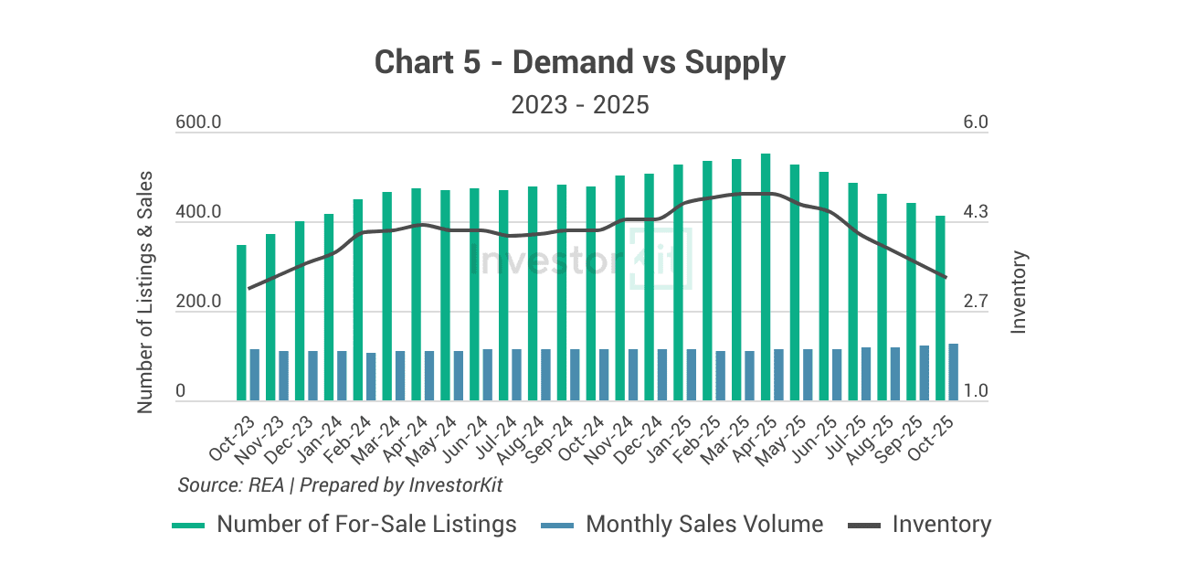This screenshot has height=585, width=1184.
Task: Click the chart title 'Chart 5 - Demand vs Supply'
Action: [x=580, y=63]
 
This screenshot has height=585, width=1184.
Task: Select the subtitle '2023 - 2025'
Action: [x=580, y=105]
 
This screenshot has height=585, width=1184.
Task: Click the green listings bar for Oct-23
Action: [x=241, y=323]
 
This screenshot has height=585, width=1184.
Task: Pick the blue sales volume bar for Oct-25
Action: [x=953, y=372]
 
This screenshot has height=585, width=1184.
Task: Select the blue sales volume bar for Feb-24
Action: [x=371, y=377]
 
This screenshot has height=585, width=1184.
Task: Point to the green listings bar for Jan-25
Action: [x=678, y=282]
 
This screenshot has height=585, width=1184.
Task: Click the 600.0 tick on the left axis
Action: [x=198, y=123]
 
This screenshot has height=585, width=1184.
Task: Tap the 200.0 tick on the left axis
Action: [x=198, y=302]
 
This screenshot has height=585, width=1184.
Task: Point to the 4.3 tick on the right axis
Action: [x=976, y=213]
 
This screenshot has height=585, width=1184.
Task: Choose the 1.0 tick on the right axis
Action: [x=976, y=391]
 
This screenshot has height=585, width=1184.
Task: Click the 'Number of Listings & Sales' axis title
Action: [x=145, y=292]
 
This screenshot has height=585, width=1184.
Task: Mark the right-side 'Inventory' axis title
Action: [x=1020, y=292]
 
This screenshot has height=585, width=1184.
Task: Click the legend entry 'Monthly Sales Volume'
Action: [x=703, y=525]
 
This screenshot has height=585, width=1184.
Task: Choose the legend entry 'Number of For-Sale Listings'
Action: [x=365, y=525]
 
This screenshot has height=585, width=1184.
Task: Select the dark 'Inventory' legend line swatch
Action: [x=863, y=526]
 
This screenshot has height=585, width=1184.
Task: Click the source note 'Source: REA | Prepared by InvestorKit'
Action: [x=340, y=484]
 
